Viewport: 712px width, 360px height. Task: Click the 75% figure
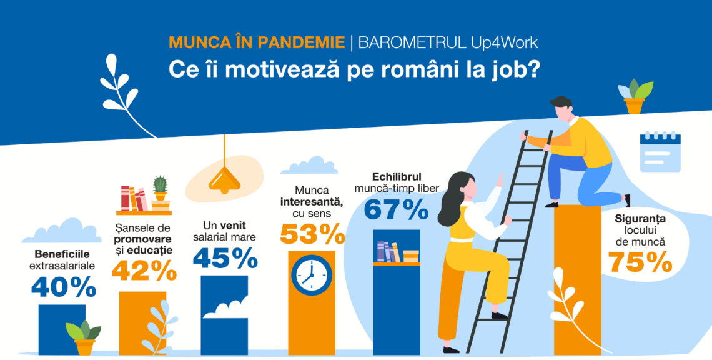(x=640, y=261)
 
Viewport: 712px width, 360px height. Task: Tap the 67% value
(x=397, y=209)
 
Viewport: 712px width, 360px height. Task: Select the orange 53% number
(x=312, y=234)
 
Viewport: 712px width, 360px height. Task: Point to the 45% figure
(x=225, y=257)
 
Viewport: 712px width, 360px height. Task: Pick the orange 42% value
(x=144, y=271)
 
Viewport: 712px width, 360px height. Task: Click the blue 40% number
(x=64, y=287)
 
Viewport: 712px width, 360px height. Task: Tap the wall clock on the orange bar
(x=312, y=276)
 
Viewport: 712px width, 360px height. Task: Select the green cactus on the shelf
(x=160, y=187)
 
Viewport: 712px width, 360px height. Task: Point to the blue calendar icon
(x=660, y=152)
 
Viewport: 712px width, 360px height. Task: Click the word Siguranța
(x=640, y=219)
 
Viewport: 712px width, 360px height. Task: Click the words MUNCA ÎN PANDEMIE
(x=257, y=42)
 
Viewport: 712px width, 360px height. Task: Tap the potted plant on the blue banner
(x=635, y=96)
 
